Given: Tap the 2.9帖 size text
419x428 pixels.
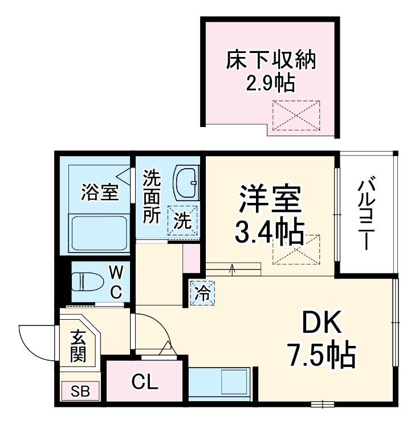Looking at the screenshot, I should pyautogui.click(x=270, y=84).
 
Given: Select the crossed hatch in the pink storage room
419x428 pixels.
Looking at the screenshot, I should pyautogui.click(x=296, y=115).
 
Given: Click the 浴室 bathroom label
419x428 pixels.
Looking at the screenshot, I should pyautogui.click(x=100, y=193).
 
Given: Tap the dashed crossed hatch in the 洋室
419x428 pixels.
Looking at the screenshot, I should pyautogui.click(x=296, y=249).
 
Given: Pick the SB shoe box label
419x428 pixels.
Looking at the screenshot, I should pyautogui.click(x=80, y=392).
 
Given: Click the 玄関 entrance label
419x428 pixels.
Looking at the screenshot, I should pyautogui.click(x=78, y=346).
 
